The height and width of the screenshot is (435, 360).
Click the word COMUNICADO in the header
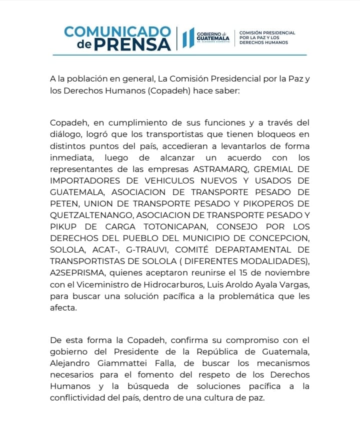click(x=117, y=31)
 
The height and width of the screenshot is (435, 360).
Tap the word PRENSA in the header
click(x=132, y=44)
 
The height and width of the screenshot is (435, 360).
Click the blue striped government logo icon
click(x=187, y=38)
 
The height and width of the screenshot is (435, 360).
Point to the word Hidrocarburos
click(x=170, y=284)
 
